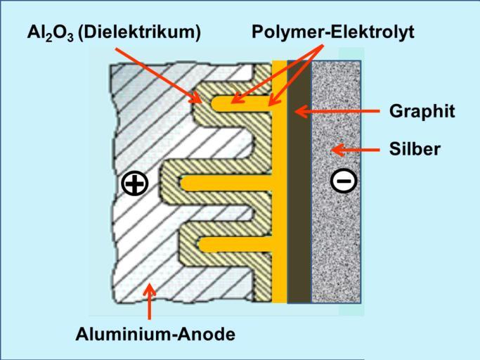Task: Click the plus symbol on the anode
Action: tap(135, 184)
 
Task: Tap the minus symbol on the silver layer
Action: tap(344, 180)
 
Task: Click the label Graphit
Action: tap(422, 111)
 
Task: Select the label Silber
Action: tap(415, 150)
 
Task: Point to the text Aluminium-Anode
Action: tap(155, 334)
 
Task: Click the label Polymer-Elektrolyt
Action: tap(332, 32)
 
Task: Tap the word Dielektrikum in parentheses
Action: tap(139, 32)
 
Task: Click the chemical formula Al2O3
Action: tap(51, 33)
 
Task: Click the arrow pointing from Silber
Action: tap(356, 150)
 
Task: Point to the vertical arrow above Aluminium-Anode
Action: tap(149, 301)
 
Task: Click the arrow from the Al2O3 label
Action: tap(158, 76)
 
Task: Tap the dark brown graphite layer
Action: tap(299, 181)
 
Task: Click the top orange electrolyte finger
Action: tap(242, 103)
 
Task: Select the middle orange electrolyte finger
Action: tap(226, 184)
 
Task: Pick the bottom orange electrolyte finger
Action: tap(235, 245)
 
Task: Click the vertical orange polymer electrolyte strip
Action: tap(279, 181)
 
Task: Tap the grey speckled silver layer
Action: tap(336, 181)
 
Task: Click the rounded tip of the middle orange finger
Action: tap(183, 184)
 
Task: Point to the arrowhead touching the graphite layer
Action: tap(301, 111)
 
